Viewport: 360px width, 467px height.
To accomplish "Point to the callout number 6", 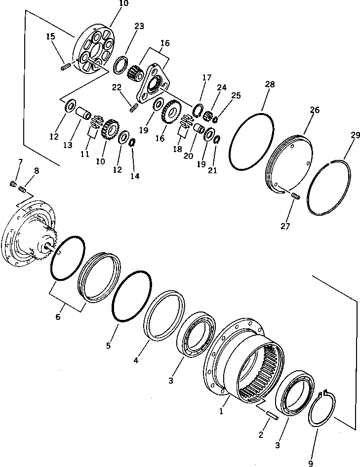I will pos(58,317).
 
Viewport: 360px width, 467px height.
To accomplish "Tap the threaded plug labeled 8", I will pos(23,189).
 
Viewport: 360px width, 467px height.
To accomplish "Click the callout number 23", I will pos(139,26).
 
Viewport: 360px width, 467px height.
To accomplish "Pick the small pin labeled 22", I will pos(132,107).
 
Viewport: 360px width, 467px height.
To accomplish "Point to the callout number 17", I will pos(206,78).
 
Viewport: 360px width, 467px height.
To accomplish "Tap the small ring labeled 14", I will pos(132,143).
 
